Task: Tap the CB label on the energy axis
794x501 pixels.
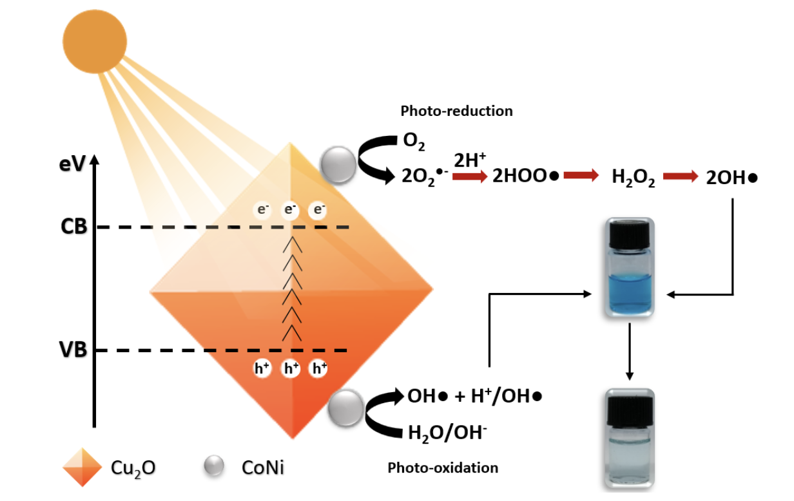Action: pyautogui.click(x=74, y=227)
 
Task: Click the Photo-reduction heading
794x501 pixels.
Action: pyautogui.click(x=456, y=111)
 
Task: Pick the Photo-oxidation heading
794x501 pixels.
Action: pyautogui.click(x=443, y=468)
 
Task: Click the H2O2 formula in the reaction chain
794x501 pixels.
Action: pyautogui.click(x=633, y=178)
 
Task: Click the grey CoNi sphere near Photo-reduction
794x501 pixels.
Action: pyautogui.click(x=338, y=164)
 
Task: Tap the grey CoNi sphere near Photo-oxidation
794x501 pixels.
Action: pyautogui.click(x=345, y=408)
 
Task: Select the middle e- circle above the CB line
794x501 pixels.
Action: pyautogui.click(x=291, y=210)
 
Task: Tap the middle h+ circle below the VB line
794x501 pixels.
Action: pyautogui.click(x=291, y=368)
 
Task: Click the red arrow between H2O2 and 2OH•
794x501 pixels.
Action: pyautogui.click(x=681, y=177)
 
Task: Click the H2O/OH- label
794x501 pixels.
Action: pyautogui.click(x=447, y=433)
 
